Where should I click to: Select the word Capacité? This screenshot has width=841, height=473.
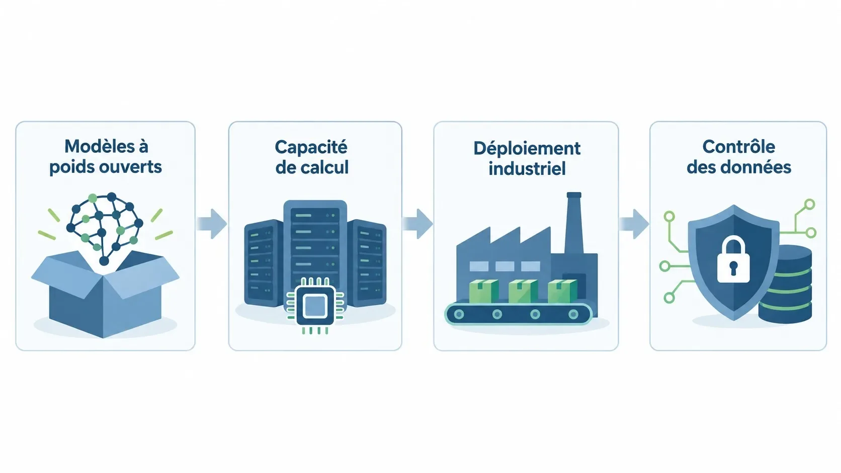click(311, 147)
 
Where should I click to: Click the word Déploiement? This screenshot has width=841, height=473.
click(527, 149)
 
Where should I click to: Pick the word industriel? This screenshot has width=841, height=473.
click(527, 168)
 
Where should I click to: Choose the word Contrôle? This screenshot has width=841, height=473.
click(738, 147)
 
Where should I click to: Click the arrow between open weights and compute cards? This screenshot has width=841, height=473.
click(212, 224)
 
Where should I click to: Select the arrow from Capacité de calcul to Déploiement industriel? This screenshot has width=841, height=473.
click(417, 224)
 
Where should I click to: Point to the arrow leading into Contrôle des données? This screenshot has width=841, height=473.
click(634, 224)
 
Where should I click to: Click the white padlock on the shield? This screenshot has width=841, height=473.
click(733, 259)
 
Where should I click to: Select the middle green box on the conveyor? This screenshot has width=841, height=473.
click(523, 291)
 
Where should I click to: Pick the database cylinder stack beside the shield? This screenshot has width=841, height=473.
click(786, 285)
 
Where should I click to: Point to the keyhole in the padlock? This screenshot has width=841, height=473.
click(733, 267)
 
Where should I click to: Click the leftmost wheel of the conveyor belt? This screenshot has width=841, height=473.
click(459, 314)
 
